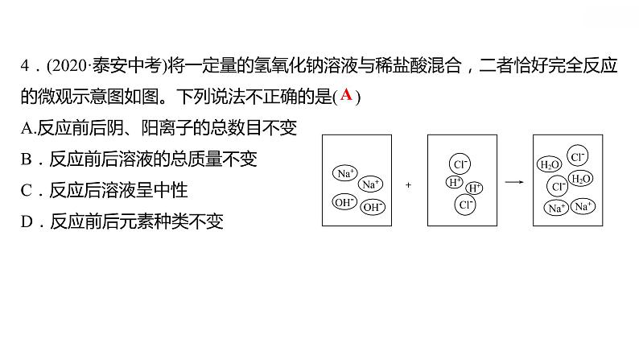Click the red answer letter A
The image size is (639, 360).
(346, 95)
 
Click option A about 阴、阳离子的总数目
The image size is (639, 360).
(160, 127)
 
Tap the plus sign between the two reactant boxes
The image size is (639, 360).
(408, 184)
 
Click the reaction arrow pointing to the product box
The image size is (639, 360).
(512, 183)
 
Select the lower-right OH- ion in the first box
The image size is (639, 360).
(373, 207)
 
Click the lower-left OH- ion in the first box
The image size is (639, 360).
(344, 202)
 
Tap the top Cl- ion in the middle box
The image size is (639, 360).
(461, 164)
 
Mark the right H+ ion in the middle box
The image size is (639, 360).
(475, 188)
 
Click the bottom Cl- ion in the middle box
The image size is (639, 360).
(465, 205)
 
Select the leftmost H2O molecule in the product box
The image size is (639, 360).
(550, 165)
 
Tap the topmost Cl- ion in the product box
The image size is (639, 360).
(577, 156)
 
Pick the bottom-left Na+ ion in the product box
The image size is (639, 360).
(556, 208)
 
